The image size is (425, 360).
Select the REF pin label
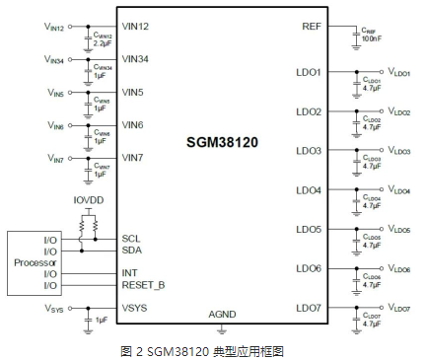pos(312,26)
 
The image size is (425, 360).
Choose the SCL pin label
pos(131,238)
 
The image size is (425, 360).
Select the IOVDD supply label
pos(89,199)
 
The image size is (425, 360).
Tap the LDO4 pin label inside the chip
pos(308,189)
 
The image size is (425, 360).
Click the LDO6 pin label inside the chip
pos(308,268)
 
